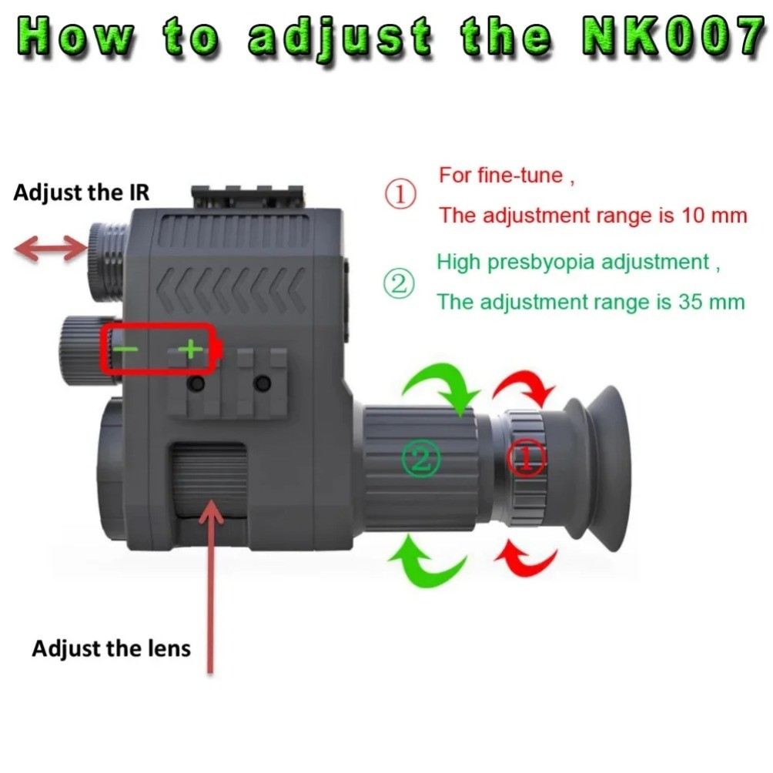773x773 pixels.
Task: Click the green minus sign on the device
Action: tap(126, 350)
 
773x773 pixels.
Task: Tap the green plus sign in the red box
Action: tap(190, 350)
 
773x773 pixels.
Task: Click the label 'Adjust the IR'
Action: tap(81, 192)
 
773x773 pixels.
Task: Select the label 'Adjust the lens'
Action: tap(111, 648)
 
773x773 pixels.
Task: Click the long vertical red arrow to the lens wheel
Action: tap(209, 585)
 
